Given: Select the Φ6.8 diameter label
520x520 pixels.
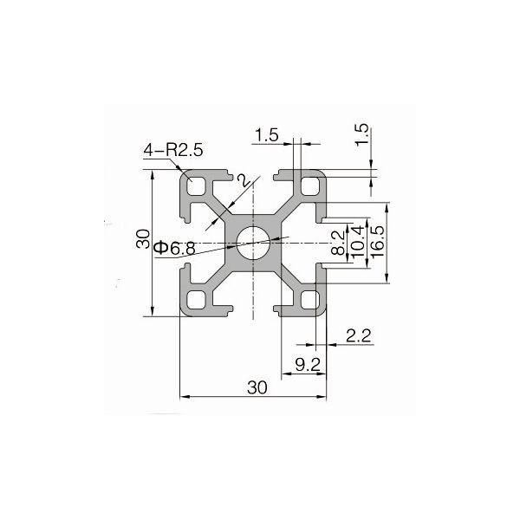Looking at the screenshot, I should [x=174, y=250].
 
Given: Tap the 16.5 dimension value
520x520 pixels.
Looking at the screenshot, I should [x=375, y=242].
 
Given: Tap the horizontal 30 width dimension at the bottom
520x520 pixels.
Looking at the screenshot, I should [x=257, y=388].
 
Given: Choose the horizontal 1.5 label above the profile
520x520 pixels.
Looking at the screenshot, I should [x=267, y=134].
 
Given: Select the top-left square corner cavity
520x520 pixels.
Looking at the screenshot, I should [x=197, y=186].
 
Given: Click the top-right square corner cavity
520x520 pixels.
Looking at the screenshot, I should [x=309, y=186].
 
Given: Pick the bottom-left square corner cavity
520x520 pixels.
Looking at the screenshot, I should [x=197, y=299].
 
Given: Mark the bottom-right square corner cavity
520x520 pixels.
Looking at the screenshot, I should [x=309, y=299].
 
